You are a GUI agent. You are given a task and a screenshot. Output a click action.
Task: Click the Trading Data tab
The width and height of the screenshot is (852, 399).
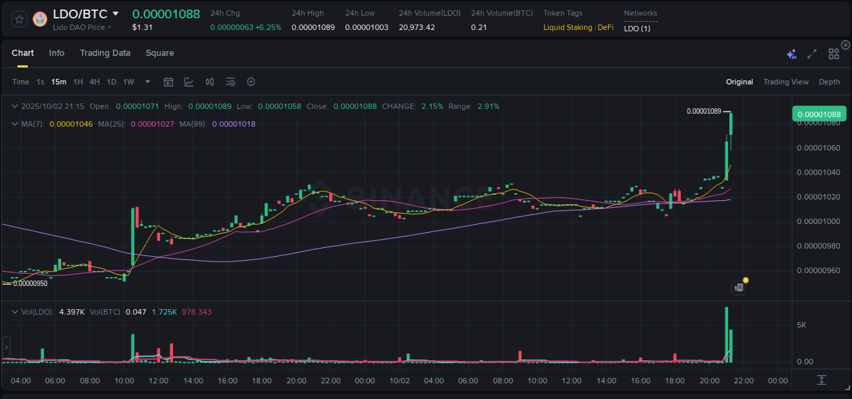(x=105, y=53)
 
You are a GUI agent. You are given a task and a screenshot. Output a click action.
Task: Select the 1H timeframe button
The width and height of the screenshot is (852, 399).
(x=78, y=82)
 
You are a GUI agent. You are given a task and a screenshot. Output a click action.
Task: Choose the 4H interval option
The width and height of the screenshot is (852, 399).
(x=94, y=82)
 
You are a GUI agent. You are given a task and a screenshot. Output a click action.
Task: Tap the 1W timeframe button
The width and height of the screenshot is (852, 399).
(x=128, y=82)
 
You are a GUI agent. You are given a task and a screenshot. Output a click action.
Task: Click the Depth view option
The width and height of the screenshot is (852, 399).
(x=829, y=82)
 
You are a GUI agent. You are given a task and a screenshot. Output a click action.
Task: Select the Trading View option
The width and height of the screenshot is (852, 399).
(x=785, y=82)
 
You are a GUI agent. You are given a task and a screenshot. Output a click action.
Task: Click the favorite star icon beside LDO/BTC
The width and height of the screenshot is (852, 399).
(x=19, y=19)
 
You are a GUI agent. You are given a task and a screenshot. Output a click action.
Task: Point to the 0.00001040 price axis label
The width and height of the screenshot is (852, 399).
(x=819, y=172)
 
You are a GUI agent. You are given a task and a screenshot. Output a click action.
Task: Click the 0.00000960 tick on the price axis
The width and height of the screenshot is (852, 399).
(x=819, y=270)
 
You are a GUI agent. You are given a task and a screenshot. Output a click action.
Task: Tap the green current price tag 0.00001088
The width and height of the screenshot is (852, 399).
(x=818, y=114)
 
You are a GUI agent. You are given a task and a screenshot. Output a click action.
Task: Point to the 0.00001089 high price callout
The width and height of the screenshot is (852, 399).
(x=703, y=111)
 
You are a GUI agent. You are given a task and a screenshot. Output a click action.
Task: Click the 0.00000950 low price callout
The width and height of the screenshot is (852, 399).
(x=30, y=283)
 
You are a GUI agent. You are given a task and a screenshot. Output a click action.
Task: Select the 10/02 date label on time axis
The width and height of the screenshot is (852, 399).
(x=399, y=380)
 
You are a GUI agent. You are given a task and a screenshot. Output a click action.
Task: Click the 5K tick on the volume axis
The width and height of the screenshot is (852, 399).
(x=802, y=325)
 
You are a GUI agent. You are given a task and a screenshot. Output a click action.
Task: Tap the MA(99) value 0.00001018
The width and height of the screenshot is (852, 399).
(x=234, y=124)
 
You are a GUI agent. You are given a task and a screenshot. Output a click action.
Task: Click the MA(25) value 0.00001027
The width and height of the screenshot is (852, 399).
(x=152, y=124)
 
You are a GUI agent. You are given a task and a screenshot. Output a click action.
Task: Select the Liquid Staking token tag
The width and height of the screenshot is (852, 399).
(x=568, y=28)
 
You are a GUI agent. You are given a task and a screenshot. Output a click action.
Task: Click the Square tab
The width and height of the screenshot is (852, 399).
(x=159, y=53)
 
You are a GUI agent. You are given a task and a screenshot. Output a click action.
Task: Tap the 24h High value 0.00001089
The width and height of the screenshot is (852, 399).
(x=313, y=28)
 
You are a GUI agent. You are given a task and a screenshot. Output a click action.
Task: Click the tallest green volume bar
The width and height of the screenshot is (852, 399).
(x=727, y=334)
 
